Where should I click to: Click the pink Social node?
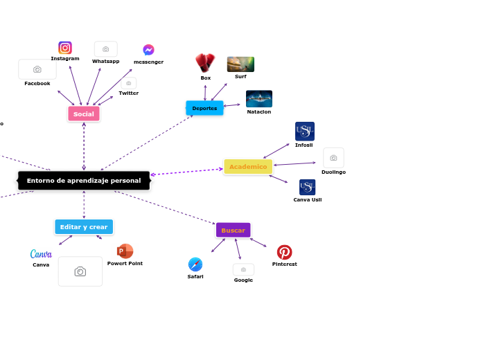coord(84,114)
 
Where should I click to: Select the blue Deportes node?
coord(204,108)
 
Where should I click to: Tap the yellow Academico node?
coord(248,167)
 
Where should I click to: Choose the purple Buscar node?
coord(233,230)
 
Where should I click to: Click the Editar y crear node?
coord(84,227)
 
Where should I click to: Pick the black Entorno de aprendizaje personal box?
coord(84,181)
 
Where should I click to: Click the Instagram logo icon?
coord(65,48)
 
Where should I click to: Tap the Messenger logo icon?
coord(148,50)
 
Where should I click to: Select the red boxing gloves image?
coord(205,63)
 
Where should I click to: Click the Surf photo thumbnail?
coord(240,64)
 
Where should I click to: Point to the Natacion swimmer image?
coord(259,99)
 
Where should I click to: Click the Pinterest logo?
coord(284,252)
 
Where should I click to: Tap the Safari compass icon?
coord(195,264)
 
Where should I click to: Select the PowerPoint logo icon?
coord(125,251)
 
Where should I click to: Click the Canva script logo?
coord(41,254)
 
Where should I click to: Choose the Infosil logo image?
coord(304,132)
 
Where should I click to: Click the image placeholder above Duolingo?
coord(333,158)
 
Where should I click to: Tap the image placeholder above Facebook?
coord(37,69)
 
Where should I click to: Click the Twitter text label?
coord(128,93)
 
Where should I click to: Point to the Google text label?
coord(243,280)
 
